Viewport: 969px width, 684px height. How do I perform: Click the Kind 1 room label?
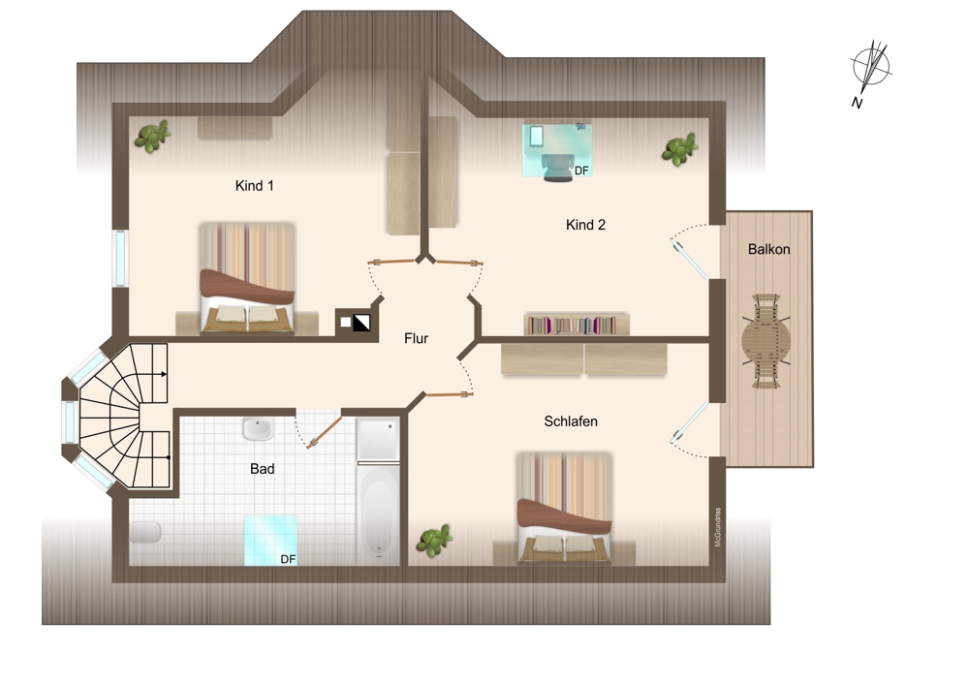(254, 186)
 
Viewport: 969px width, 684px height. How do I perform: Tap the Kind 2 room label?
(585, 225)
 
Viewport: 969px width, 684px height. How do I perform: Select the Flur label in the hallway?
(416, 338)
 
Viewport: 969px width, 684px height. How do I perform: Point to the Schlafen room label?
(571, 421)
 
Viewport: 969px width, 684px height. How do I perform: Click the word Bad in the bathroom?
(262, 469)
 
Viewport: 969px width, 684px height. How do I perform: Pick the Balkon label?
(768, 250)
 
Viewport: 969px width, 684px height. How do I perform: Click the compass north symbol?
(870, 69)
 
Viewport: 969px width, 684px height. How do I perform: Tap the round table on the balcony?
(766, 341)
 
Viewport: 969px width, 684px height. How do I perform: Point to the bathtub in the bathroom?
(378, 514)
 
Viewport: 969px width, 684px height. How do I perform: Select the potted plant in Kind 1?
(152, 136)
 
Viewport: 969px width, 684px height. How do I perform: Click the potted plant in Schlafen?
(434, 541)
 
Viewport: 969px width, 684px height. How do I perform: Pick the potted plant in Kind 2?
(679, 149)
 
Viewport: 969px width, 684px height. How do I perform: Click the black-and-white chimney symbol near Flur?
(361, 323)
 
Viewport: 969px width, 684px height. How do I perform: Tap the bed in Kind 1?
(247, 279)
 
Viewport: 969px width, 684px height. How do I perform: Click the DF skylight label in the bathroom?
(288, 559)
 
